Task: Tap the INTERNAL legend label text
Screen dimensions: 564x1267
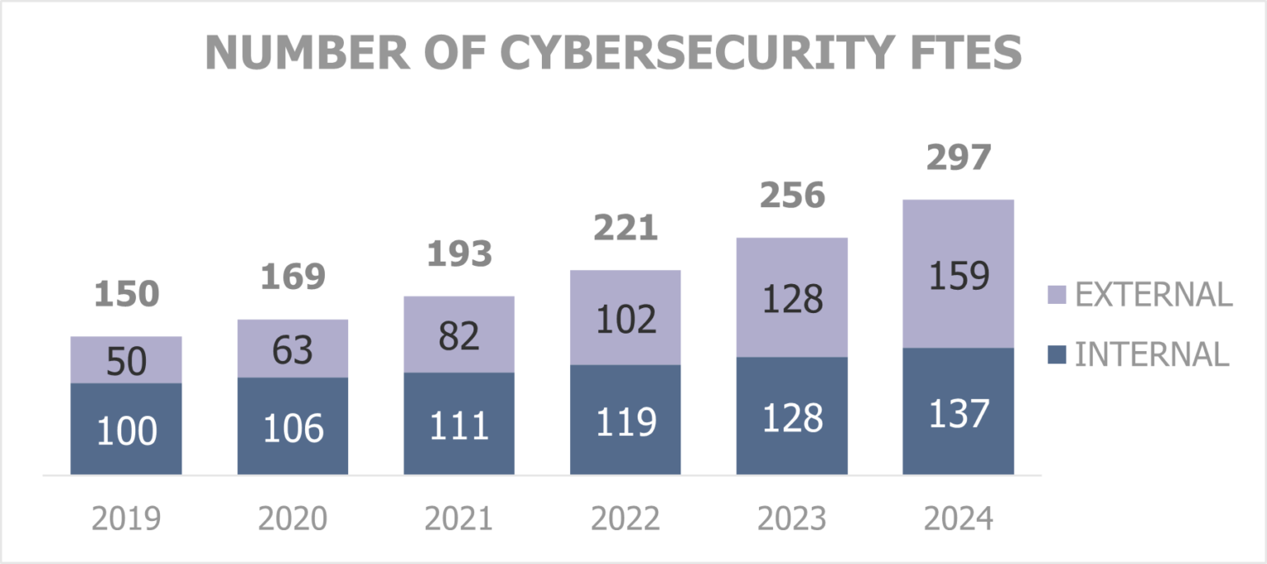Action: click(x=1152, y=354)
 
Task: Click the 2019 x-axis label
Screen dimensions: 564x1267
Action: click(x=126, y=519)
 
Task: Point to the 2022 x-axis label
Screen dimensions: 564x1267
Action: click(x=625, y=519)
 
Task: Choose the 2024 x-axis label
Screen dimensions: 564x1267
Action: click(x=958, y=519)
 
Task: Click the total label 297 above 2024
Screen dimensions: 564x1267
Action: click(x=958, y=158)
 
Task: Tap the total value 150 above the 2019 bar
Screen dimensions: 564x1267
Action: click(x=126, y=295)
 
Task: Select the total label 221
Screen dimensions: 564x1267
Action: click(x=625, y=228)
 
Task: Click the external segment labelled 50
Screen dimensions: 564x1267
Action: click(x=126, y=361)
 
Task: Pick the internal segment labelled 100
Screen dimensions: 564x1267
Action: click(x=126, y=430)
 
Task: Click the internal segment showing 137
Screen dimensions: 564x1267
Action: click(x=958, y=413)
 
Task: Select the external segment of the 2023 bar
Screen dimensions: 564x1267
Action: click(x=792, y=298)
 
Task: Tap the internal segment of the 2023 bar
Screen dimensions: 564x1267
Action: click(x=792, y=417)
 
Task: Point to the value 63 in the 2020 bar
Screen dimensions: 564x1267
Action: click(x=293, y=349)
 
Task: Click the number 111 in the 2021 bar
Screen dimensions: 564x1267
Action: click(x=459, y=425)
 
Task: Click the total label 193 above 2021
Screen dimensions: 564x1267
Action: click(x=459, y=254)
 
